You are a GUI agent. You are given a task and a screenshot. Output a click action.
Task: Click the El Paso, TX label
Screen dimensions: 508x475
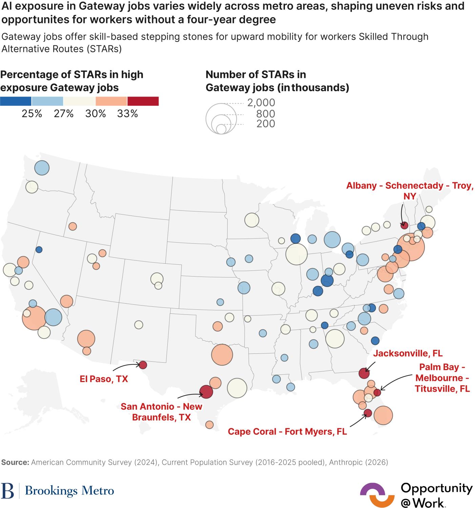[x=104, y=379]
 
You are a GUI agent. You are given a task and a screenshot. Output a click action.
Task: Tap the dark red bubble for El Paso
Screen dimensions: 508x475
[x=143, y=365]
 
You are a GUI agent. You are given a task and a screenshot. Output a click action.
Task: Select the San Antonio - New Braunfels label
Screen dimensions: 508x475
[x=161, y=411]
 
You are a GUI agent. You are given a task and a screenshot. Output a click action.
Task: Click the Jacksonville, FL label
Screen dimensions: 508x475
[x=408, y=353]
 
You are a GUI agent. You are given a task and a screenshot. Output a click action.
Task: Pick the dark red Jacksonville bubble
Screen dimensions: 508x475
[x=364, y=373]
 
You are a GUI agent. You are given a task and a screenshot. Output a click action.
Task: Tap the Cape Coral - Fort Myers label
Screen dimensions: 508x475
[x=287, y=431]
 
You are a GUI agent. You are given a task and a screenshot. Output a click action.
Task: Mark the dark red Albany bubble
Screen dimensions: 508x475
[x=404, y=226]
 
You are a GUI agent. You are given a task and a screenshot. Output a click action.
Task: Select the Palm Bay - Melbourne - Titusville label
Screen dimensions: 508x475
[x=442, y=378]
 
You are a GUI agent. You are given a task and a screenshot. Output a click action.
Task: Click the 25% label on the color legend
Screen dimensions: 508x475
[x=32, y=114]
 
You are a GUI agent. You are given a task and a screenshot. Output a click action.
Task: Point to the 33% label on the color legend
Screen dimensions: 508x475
[x=127, y=114]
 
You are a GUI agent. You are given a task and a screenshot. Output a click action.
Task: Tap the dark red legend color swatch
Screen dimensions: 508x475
[x=143, y=101]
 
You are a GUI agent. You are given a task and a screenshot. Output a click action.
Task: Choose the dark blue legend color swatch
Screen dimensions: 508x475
[x=16, y=101]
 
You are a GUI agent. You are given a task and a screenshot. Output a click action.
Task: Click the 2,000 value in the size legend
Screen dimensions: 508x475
[x=261, y=102]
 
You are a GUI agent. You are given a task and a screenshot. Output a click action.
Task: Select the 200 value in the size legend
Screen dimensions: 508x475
[x=266, y=124]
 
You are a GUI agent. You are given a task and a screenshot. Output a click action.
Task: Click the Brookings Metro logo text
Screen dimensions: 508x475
[x=69, y=491]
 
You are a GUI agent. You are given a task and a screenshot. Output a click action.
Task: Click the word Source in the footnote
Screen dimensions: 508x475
[x=15, y=462]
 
